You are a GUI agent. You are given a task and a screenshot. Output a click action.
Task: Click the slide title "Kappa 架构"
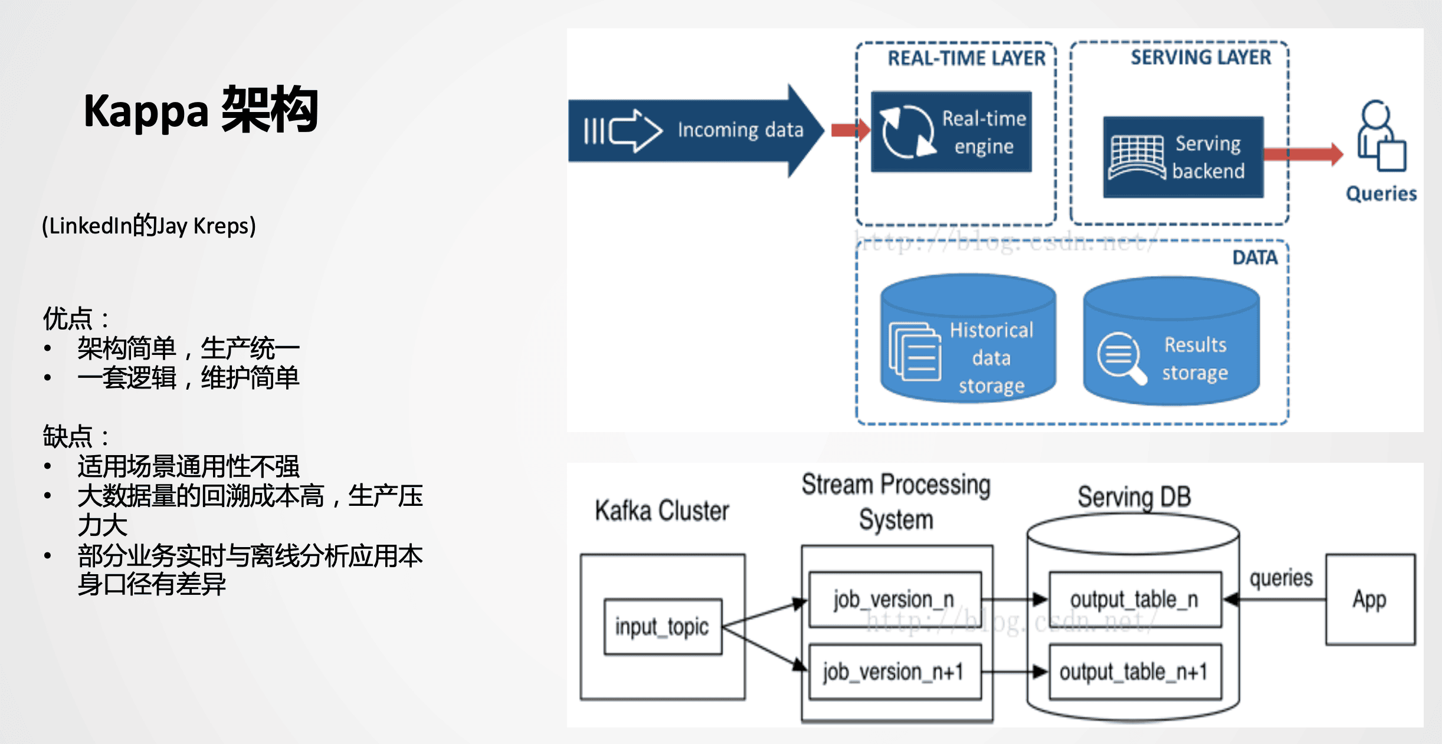tap(201, 110)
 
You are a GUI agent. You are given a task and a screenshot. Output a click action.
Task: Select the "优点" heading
tap(67, 319)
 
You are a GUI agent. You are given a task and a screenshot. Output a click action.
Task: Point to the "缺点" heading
tap(67, 437)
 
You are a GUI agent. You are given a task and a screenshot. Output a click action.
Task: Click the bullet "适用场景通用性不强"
tap(188, 466)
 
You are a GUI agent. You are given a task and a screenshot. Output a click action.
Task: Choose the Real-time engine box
tap(951, 131)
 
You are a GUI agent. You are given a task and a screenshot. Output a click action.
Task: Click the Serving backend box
tap(1183, 157)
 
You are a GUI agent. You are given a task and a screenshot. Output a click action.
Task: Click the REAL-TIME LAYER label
tap(966, 58)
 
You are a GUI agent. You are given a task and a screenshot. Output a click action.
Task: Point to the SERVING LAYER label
tap(1200, 57)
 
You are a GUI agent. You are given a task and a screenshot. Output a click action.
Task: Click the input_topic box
tap(663, 627)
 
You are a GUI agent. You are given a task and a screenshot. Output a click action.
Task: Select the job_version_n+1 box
tap(894, 672)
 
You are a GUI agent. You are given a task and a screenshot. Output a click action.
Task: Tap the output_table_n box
tap(1134, 600)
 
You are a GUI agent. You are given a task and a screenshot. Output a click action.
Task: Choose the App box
tap(1369, 600)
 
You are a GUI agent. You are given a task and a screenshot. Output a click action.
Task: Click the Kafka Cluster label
tap(662, 511)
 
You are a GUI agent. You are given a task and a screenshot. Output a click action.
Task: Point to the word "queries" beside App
tap(1281, 578)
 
